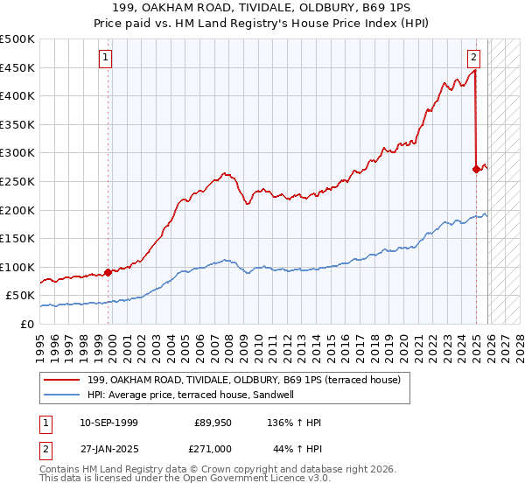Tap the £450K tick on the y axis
[x=17, y=67]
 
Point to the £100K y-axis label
[x=17, y=267]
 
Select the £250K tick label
[x=17, y=181]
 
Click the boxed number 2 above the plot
[x=473, y=59]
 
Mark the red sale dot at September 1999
[x=108, y=272]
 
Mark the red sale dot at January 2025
[x=476, y=169]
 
